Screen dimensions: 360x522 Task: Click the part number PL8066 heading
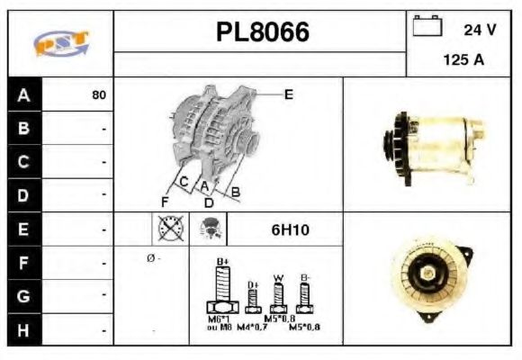(x=262, y=32)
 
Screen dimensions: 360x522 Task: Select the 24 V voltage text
(x=480, y=29)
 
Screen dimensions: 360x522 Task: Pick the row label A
(x=23, y=94)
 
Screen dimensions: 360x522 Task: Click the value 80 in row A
(x=99, y=94)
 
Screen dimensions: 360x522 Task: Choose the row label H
(x=23, y=330)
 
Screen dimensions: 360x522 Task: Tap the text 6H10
(x=290, y=229)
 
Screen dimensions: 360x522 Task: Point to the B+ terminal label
(x=223, y=261)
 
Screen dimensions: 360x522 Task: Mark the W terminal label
(x=279, y=277)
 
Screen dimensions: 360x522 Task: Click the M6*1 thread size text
(x=220, y=319)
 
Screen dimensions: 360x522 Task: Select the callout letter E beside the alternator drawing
(x=288, y=94)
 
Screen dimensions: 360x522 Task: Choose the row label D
(x=23, y=194)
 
